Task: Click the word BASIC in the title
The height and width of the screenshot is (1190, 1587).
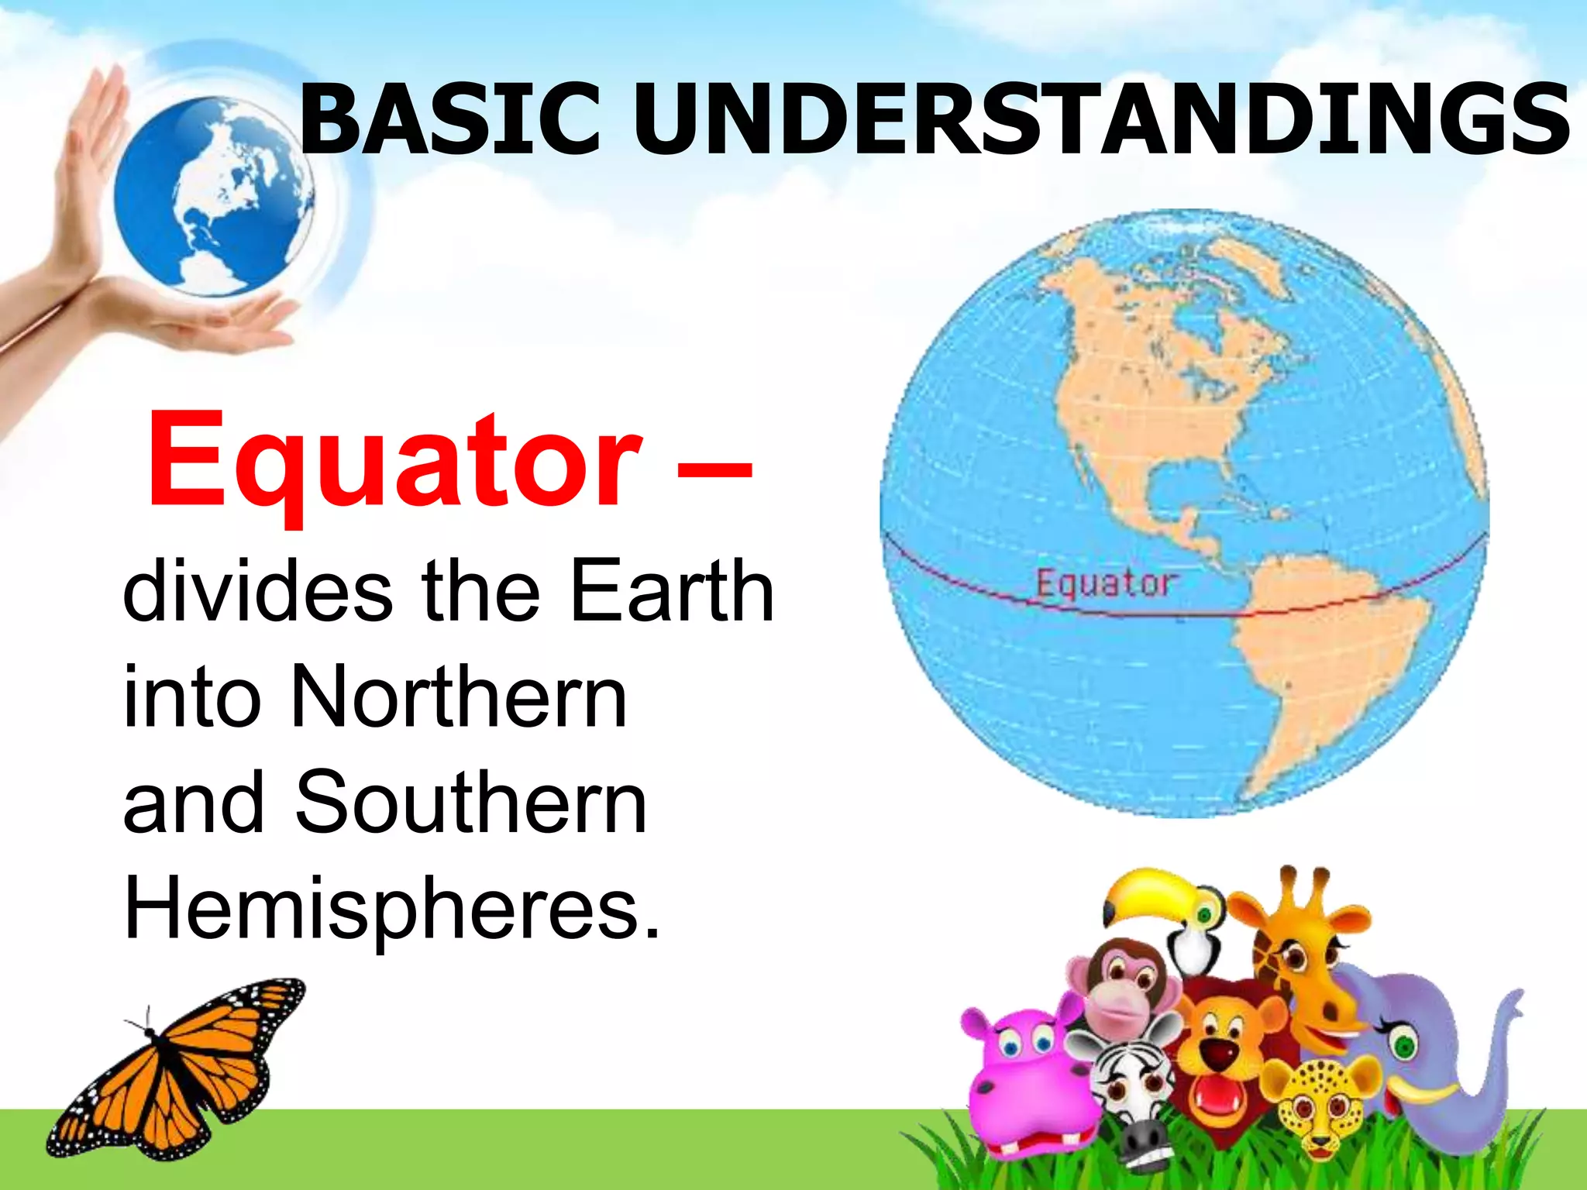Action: coord(449,120)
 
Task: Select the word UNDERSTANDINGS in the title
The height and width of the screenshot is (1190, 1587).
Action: coord(1100,120)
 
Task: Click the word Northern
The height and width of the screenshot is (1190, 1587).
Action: coord(457,697)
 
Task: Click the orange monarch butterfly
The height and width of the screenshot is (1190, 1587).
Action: coord(178,1069)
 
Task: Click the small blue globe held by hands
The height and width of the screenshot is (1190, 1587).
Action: coord(213,198)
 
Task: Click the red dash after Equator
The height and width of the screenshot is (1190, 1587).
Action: coord(714,468)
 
